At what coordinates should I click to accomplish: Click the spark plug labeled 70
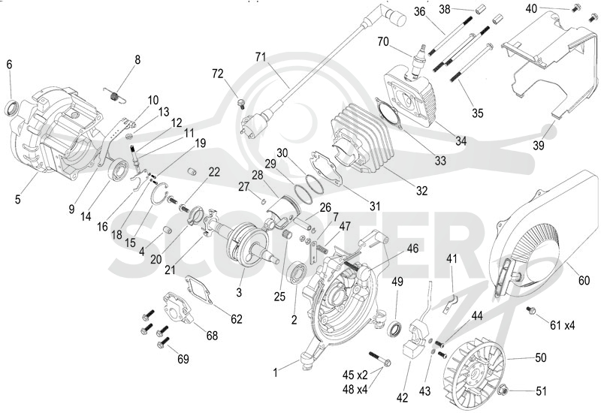click(x=418, y=62)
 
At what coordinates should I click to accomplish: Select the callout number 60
click(x=584, y=280)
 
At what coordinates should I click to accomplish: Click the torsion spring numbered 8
click(x=115, y=96)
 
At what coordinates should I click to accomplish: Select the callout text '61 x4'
click(x=562, y=325)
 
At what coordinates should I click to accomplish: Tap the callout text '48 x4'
click(x=355, y=389)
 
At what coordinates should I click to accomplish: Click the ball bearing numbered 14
click(x=119, y=168)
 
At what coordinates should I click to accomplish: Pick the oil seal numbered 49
click(x=396, y=329)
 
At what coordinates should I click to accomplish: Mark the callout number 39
click(x=539, y=146)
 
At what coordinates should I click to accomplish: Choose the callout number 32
click(x=421, y=191)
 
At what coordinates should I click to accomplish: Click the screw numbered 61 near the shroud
click(x=531, y=310)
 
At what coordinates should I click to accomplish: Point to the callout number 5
click(x=17, y=199)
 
